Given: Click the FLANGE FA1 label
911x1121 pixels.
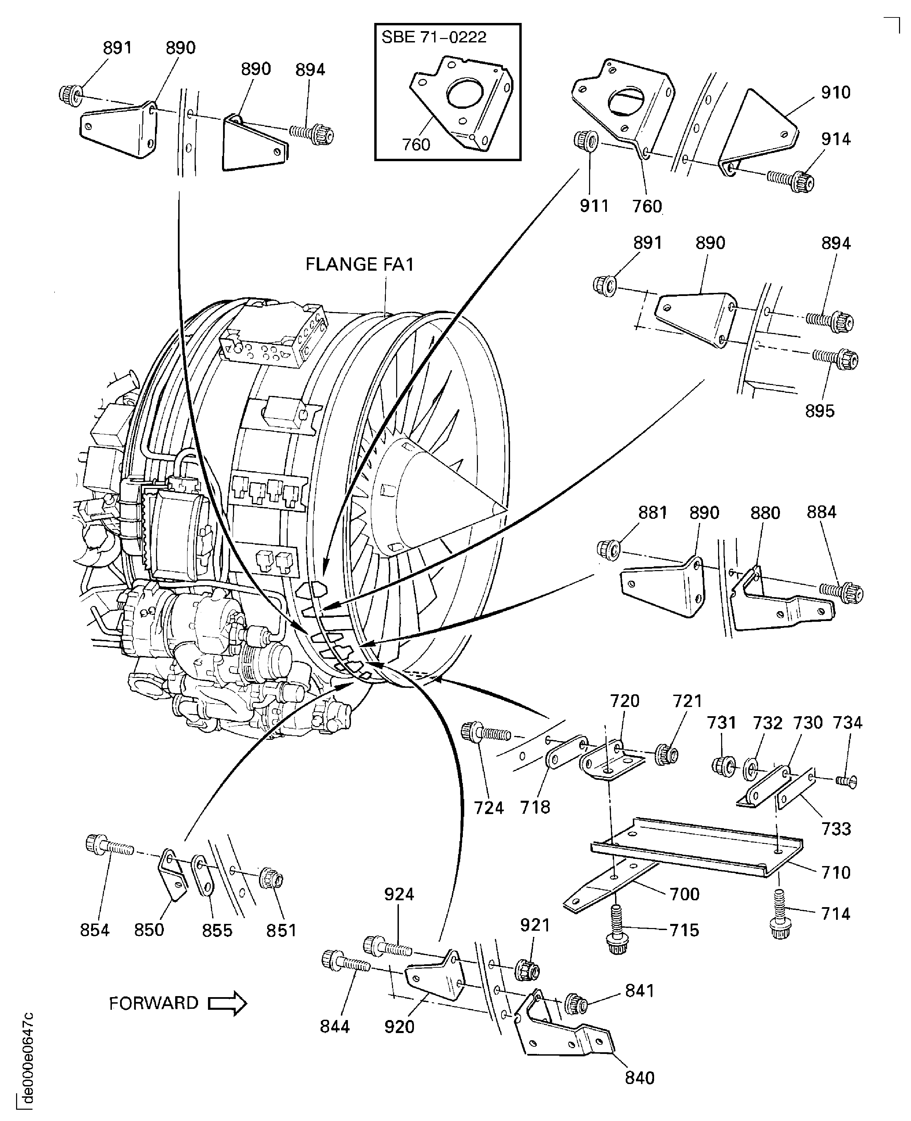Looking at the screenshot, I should tap(360, 264).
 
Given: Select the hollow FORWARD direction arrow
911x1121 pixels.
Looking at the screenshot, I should tap(227, 1003).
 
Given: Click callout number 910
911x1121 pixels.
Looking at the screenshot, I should tap(835, 93).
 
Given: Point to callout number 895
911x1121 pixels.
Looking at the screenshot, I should tap(820, 411).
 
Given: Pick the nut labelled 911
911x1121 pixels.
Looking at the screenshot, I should tap(584, 141).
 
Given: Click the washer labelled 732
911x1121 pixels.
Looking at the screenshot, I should tap(752, 770).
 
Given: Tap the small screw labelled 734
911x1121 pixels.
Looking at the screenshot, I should tap(847, 782).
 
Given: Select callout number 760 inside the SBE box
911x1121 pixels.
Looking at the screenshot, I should tap(416, 144).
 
